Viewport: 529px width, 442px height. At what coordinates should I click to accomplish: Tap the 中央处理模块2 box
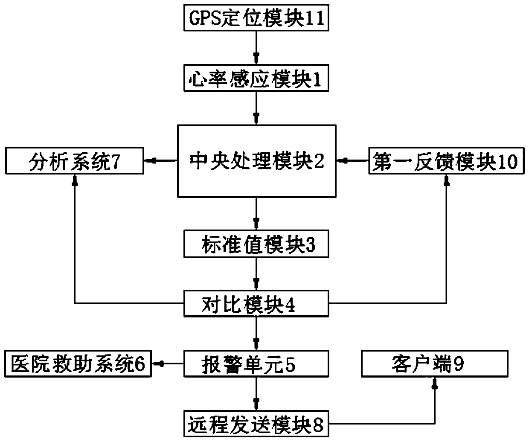tap(256, 161)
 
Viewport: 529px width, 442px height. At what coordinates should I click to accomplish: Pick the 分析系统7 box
tap(75, 161)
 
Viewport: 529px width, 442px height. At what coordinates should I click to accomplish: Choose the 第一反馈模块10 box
tap(446, 161)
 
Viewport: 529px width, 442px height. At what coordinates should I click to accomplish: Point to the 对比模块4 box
tap(256, 303)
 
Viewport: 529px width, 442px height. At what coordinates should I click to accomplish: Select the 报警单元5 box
tap(256, 364)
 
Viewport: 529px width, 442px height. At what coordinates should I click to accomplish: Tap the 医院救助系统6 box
tap(78, 364)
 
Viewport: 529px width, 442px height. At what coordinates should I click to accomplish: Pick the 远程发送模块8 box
tap(256, 424)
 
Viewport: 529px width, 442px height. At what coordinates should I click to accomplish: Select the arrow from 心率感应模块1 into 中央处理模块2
tap(256, 108)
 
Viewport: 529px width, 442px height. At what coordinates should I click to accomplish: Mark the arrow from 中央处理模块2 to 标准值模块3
tap(256, 214)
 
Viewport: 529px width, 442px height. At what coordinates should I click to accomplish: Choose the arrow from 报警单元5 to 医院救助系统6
tap(168, 364)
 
